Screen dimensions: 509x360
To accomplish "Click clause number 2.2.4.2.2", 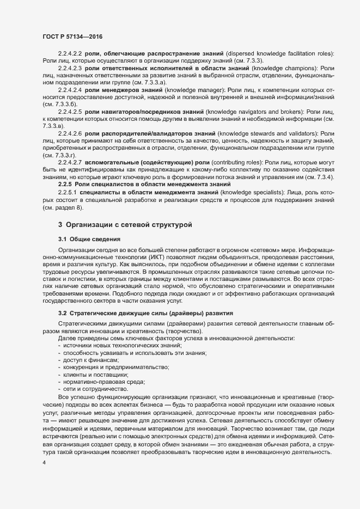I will (x=70, y=52).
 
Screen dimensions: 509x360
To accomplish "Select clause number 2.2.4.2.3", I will (x=70, y=68).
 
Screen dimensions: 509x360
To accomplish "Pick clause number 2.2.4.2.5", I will (x=70, y=111).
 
